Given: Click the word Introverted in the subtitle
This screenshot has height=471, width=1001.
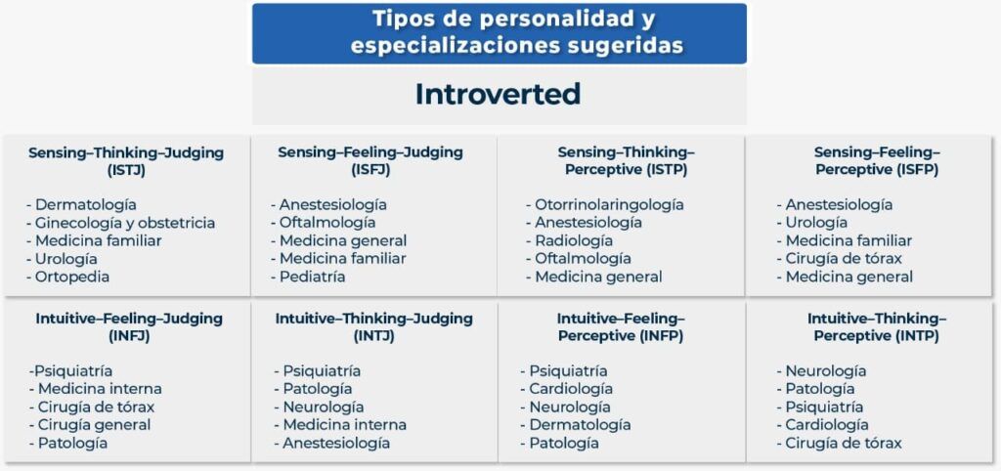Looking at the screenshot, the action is click(x=498, y=95).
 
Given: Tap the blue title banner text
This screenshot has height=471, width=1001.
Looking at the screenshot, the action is click(x=500, y=32).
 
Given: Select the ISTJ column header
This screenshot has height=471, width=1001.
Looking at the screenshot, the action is click(x=126, y=161).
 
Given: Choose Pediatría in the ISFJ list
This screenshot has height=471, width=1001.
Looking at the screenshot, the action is click(x=308, y=277).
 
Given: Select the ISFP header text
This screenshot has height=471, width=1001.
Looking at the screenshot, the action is click(x=877, y=161).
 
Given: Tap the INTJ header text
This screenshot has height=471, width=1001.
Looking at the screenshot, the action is click(x=374, y=326).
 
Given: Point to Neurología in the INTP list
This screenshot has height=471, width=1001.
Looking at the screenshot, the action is click(x=821, y=370).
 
